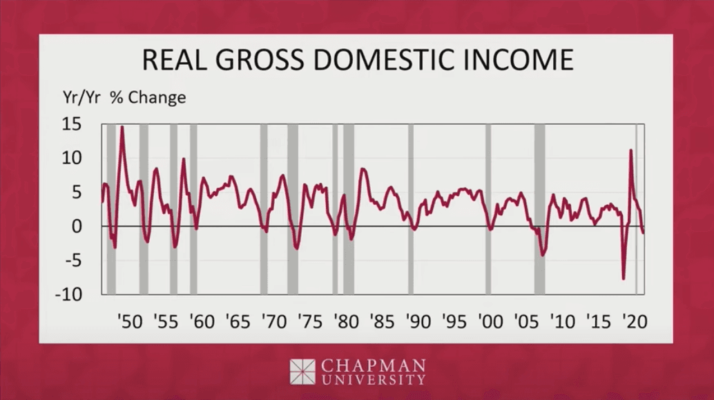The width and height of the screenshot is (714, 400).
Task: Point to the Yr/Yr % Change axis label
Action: [124, 97]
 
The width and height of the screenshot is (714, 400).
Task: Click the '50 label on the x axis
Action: [129, 321]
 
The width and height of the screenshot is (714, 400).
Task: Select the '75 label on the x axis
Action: [309, 321]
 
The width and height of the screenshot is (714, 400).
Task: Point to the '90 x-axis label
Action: [417, 321]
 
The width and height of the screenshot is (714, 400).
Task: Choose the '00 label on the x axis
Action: [489, 321]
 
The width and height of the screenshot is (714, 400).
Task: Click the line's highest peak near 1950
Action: [122, 127]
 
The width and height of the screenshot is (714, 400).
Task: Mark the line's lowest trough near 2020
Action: [624, 279]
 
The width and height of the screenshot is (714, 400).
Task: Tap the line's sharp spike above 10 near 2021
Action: [630, 150]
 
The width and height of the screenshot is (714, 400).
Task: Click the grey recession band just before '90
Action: [410, 207]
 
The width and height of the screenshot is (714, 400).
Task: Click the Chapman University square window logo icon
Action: [302, 371]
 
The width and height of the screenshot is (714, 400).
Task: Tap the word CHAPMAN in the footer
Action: [373, 364]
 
